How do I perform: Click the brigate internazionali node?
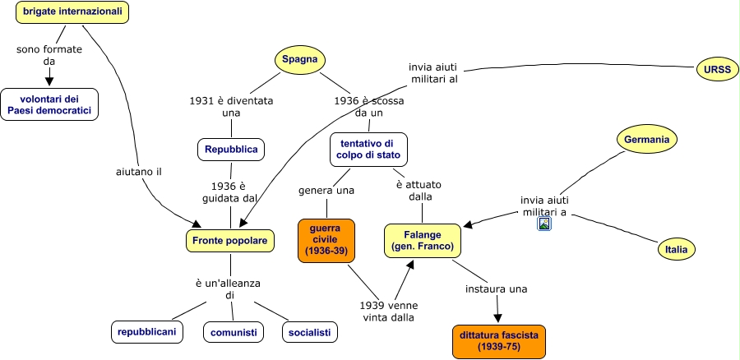(72, 12)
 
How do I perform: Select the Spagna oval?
(300, 59)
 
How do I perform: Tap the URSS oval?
(717, 70)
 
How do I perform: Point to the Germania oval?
(646, 140)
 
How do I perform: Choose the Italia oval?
(677, 250)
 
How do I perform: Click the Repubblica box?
(231, 150)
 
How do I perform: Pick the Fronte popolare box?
(230, 241)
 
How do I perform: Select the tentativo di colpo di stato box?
(368, 149)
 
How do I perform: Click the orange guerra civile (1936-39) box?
(326, 241)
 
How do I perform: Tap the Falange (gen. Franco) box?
(423, 241)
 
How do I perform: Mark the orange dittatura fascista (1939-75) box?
(498, 341)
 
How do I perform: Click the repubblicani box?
(147, 332)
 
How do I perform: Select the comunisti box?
(234, 332)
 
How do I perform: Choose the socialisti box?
(310, 332)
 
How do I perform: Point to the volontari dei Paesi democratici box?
(49, 104)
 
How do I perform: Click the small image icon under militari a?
(544, 224)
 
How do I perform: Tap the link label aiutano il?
(139, 172)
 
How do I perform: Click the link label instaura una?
(496, 288)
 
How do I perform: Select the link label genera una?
(326, 191)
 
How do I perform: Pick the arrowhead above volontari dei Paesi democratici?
(49, 81)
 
